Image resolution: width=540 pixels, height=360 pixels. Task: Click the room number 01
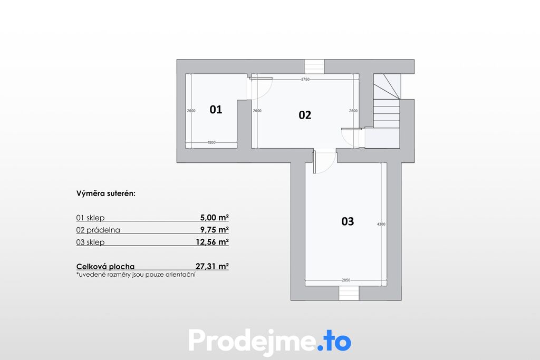pos(216,110)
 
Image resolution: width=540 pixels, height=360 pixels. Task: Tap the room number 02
pos(305,115)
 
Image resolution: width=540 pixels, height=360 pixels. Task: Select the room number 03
pos(348,221)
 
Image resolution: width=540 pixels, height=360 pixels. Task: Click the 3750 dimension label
pos(305,79)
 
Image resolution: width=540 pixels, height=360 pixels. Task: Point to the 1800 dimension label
pos(211,142)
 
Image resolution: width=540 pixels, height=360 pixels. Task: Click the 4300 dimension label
pos(381,224)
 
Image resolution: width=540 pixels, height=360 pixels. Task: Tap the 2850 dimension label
pos(346,280)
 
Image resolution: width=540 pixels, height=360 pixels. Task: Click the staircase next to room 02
pos(387,111)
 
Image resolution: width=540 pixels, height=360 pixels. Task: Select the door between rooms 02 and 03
pos(324,162)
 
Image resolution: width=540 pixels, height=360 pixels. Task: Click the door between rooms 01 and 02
pos(261,88)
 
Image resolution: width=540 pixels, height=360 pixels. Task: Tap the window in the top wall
pos(314,66)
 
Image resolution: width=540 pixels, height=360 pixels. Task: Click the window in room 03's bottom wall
pos(349,293)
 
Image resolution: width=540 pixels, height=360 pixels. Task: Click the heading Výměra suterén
pos(106,193)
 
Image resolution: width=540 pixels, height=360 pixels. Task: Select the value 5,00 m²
pos(215,218)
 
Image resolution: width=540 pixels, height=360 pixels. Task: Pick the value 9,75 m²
pos(215,230)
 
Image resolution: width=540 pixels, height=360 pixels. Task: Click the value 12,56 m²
pos(213,242)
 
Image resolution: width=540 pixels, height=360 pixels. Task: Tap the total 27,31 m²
pos(212,266)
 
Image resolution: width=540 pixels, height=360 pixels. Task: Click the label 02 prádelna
pos(98,230)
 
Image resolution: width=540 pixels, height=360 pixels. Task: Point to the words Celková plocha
pos(105,266)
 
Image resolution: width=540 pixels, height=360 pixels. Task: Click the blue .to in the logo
pos(334,340)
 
